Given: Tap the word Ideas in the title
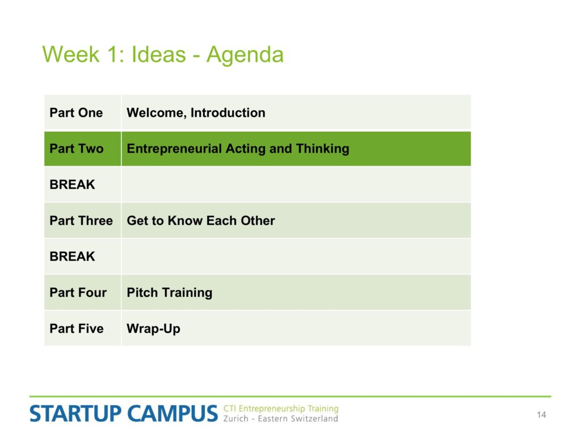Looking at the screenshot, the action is pyautogui.click(x=159, y=54).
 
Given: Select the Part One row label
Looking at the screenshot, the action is pyautogui.click(x=76, y=113).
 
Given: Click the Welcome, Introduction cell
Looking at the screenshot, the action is pyautogui.click(x=196, y=113).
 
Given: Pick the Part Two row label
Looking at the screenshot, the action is pyautogui.click(x=77, y=149).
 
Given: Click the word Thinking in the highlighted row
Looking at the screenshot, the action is pyautogui.click(x=322, y=149).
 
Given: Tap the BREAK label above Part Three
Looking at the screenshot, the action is pyautogui.click(x=72, y=185).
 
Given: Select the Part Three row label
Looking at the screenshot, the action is pyautogui.click(x=81, y=221).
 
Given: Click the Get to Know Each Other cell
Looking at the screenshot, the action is pyautogui.click(x=201, y=221).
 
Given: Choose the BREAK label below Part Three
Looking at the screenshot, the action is pyautogui.click(x=72, y=257).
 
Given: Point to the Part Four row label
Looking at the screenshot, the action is pyautogui.click(x=78, y=292).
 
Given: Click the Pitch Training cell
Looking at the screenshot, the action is pyautogui.click(x=169, y=293).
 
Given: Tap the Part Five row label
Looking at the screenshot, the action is pyautogui.click(x=77, y=329).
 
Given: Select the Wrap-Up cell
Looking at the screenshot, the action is pyautogui.click(x=153, y=329).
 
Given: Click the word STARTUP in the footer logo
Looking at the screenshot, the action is pyautogui.click(x=75, y=414).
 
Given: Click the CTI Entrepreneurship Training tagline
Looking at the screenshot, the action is pyautogui.click(x=281, y=409).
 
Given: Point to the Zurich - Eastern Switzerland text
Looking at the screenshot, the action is pyautogui.click(x=280, y=418).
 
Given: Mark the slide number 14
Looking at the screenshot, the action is pyautogui.click(x=541, y=415).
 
